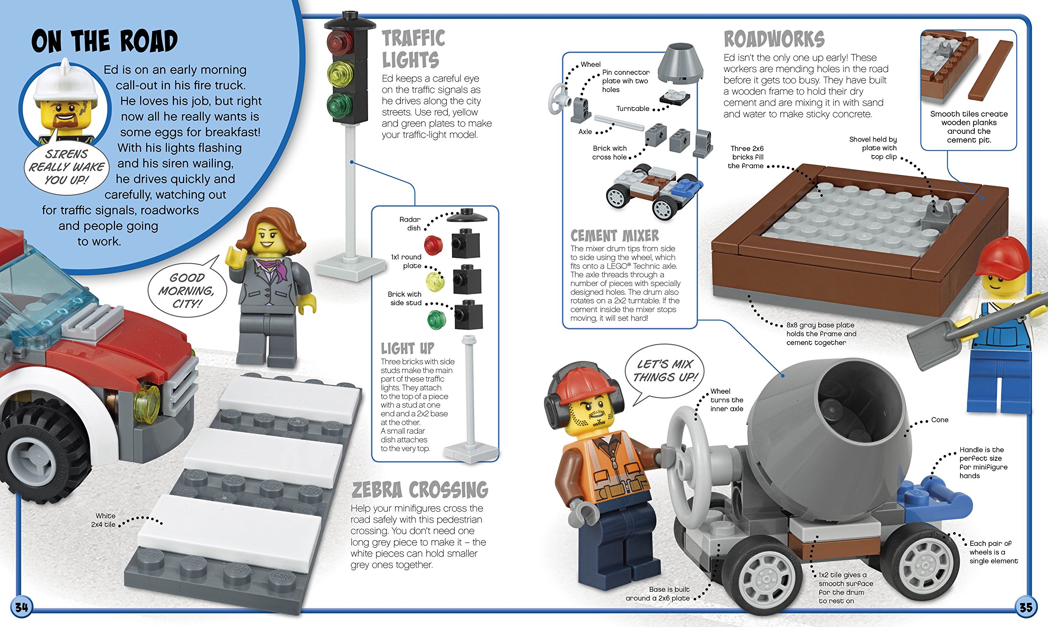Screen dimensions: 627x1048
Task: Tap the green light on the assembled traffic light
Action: tap(339, 104)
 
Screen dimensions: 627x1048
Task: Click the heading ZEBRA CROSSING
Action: tap(420, 490)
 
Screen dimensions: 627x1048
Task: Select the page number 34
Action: tap(21, 608)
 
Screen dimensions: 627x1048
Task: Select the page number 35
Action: tap(1025, 608)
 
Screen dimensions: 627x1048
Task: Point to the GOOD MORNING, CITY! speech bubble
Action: tap(187, 291)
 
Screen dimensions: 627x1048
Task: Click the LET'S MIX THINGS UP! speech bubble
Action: tap(665, 370)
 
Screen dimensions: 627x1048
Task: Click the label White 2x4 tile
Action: tap(104, 520)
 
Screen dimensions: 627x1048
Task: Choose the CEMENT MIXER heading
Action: tap(614, 235)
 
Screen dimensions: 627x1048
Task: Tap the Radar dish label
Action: tap(409, 223)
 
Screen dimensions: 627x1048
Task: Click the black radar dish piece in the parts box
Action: tap(467, 216)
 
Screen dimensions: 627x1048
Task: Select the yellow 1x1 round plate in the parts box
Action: tap(435, 282)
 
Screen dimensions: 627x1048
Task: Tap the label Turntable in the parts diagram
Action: tap(632, 108)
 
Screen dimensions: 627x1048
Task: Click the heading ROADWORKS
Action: tap(774, 39)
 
